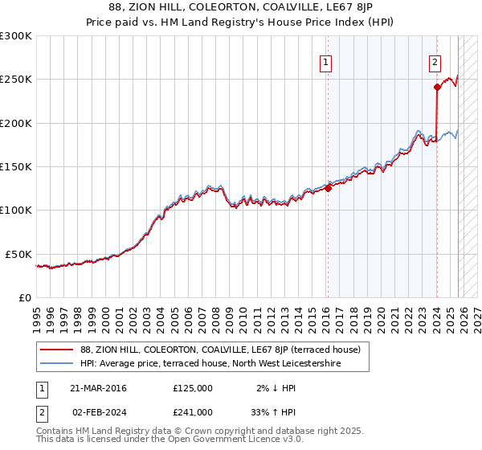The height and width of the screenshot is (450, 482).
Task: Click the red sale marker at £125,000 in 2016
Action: pos(328,189)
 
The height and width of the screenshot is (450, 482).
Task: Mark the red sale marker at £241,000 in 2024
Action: pos(436,88)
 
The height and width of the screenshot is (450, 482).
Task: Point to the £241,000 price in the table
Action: pos(193,412)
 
